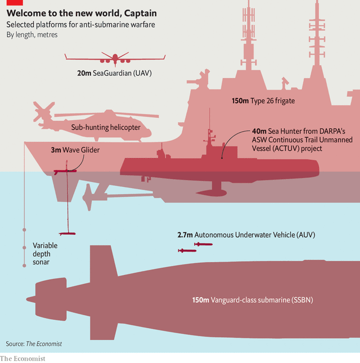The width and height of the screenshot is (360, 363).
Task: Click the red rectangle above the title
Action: point(15,3)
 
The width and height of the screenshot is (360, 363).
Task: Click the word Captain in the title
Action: point(141,13)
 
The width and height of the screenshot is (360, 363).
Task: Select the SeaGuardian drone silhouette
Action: point(115,59)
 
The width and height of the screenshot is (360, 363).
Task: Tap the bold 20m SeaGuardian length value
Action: point(84,73)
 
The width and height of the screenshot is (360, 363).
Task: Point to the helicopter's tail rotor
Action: point(43,111)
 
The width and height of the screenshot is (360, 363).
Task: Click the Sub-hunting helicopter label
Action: point(106,127)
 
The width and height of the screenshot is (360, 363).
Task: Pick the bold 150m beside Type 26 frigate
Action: point(240,101)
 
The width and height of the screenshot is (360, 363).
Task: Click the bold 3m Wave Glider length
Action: point(56,150)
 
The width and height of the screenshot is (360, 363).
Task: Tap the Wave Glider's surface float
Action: point(65,171)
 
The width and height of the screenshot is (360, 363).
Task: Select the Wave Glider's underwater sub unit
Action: point(67,234)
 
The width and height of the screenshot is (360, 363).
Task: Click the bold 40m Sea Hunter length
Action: point(259,131)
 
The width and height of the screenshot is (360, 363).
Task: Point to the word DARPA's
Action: point(332,131)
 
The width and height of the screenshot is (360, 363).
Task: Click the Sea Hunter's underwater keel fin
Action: point(213,189)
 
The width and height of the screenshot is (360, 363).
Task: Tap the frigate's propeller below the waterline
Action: point(88,197)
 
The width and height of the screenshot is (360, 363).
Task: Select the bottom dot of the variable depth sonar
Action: point(24,266)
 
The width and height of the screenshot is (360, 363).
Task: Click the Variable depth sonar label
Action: point(45,254)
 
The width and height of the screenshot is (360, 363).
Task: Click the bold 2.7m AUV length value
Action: point(185,235)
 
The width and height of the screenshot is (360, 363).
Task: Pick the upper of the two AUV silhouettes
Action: point(203,244)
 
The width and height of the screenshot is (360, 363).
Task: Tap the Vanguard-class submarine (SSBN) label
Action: point(253,300)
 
